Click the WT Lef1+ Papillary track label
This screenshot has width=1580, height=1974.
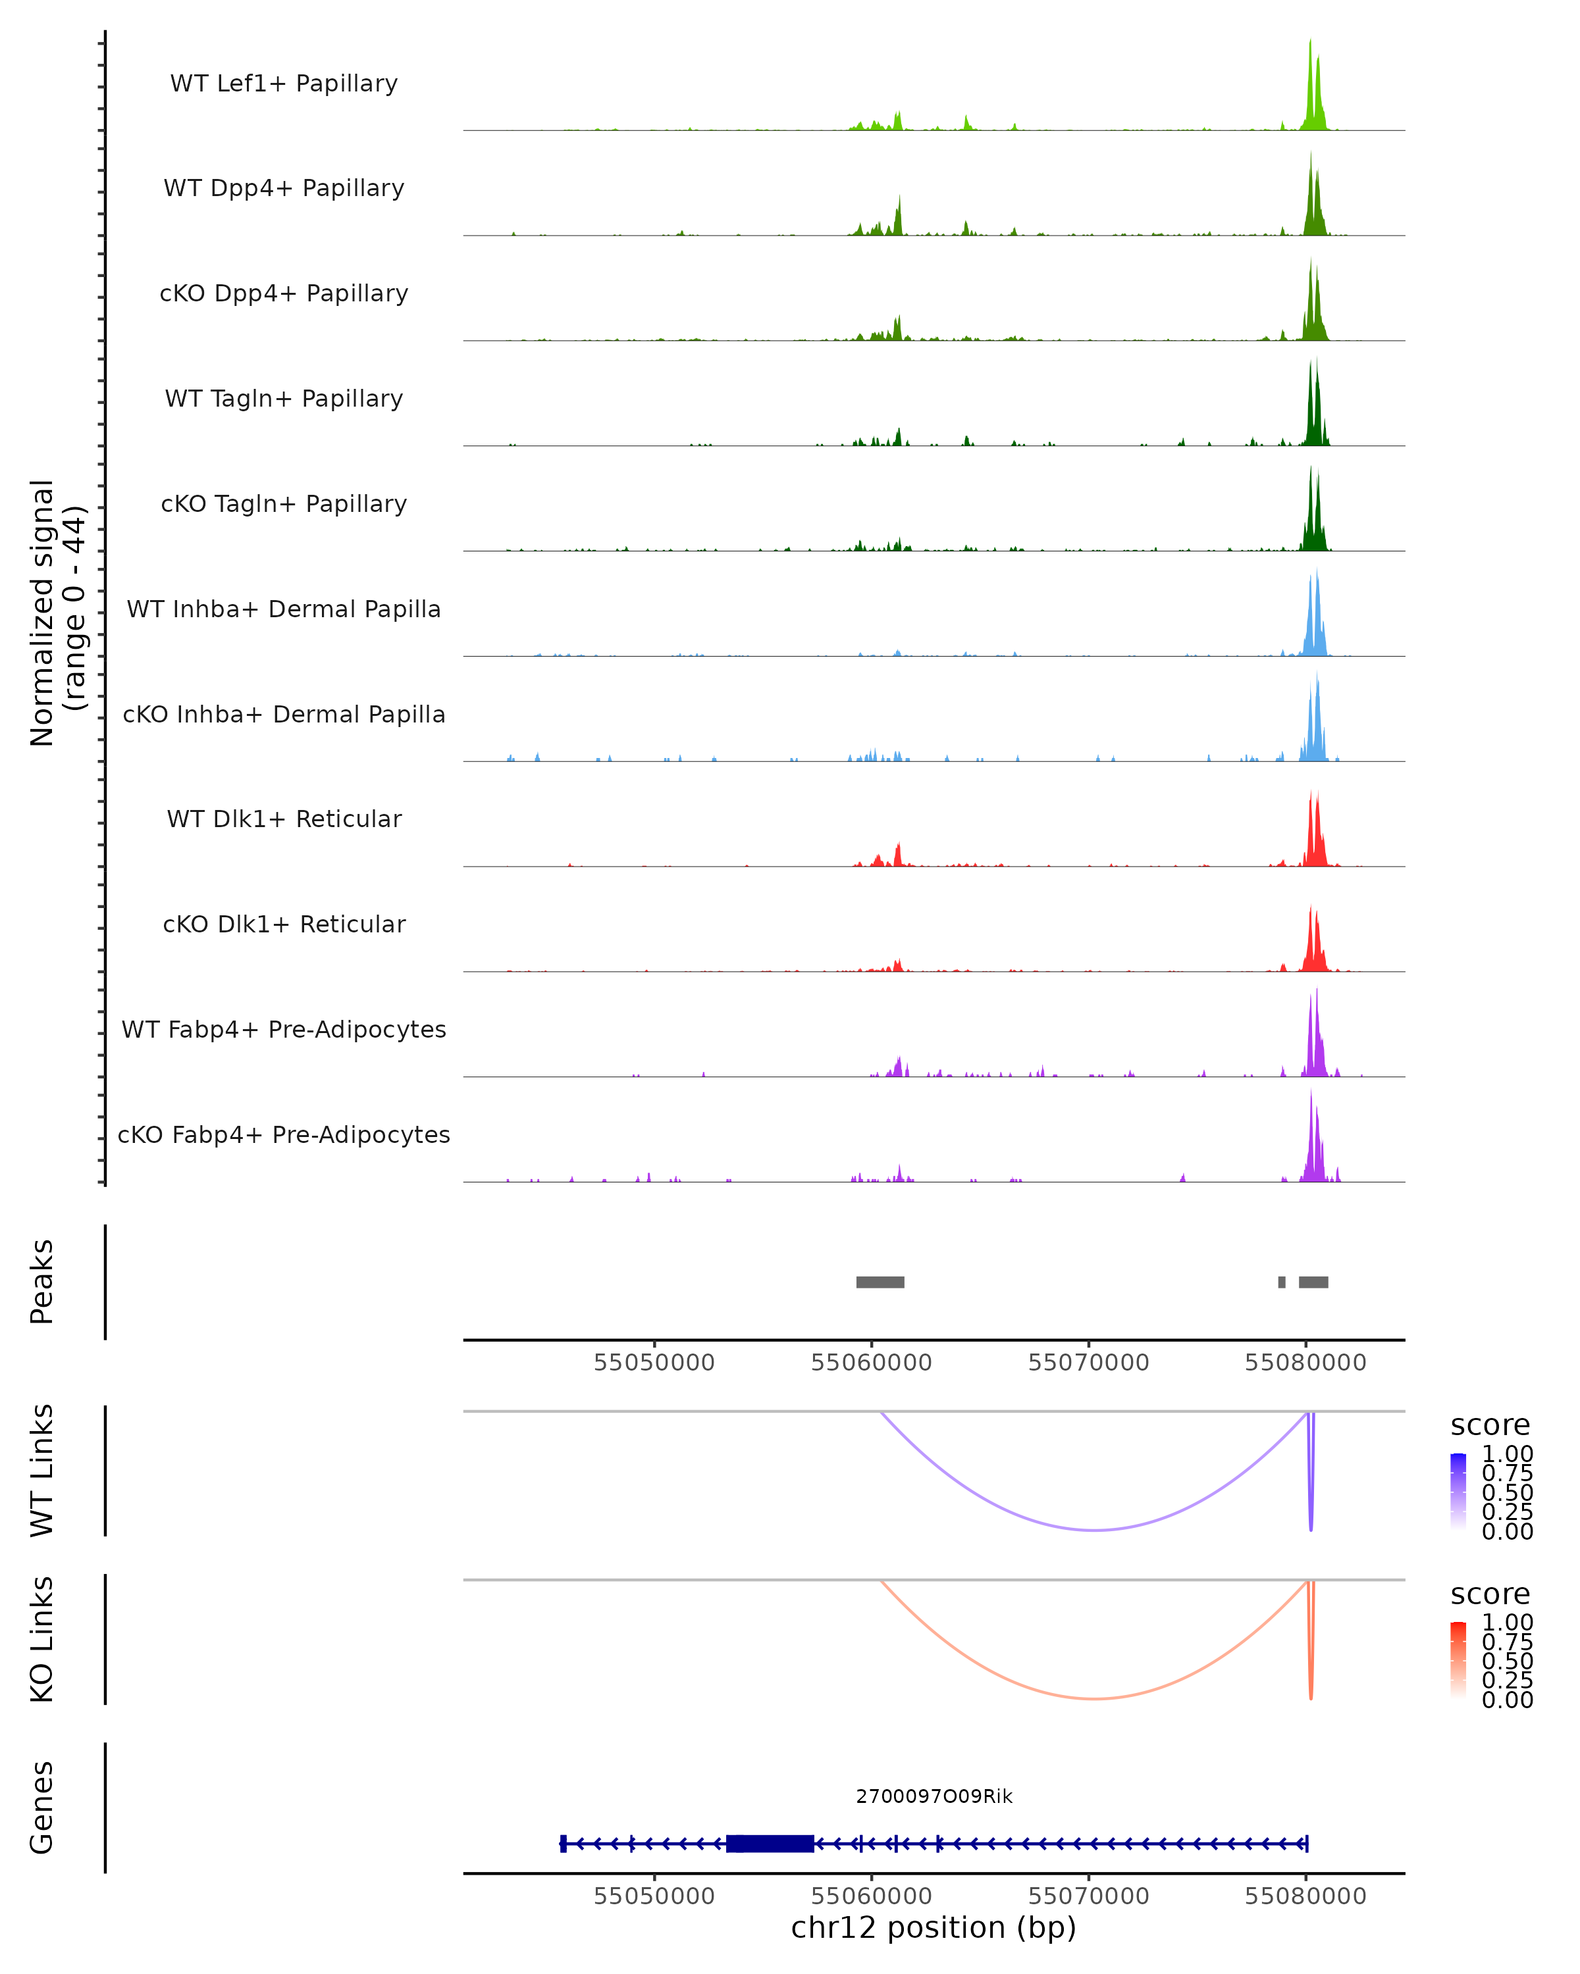click(x=284, y=84)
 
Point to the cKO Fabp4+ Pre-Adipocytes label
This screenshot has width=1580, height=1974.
click(x=284, y=1134)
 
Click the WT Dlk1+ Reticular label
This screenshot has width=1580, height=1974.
click(x=284, y=819)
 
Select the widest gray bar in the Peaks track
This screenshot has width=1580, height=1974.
click(x=880, y=1282)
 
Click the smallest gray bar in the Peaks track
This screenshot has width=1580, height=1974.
click(x=1281, y=1282)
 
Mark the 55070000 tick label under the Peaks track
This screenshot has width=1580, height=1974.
click(x=1088, y=1363)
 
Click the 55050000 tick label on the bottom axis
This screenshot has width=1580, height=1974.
click(x=654, y=1895)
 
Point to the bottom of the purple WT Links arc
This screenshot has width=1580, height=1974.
click(x=1095, y=1529)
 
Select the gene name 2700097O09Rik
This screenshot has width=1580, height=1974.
click(x=934, y=1796)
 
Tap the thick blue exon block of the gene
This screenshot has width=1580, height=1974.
click(x=770, y=1843)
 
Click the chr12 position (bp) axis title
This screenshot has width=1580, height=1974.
click(x=934, y=1927)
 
